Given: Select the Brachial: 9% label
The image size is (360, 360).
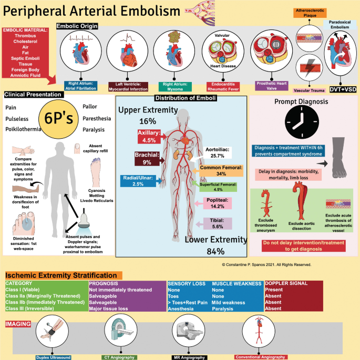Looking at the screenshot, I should tap(142, 159).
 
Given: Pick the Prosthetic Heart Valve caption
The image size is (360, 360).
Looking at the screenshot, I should tap(272, 86).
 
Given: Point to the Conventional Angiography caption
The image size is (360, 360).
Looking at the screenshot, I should tap(260, 357).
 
